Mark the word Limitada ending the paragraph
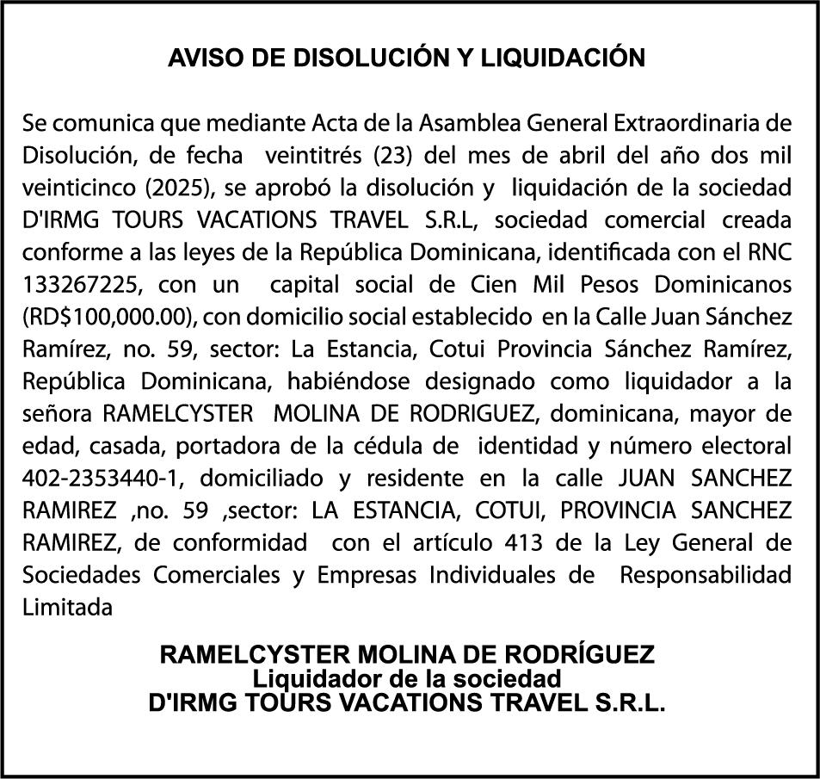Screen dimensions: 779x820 pyautogui.click(x=67, y=607)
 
